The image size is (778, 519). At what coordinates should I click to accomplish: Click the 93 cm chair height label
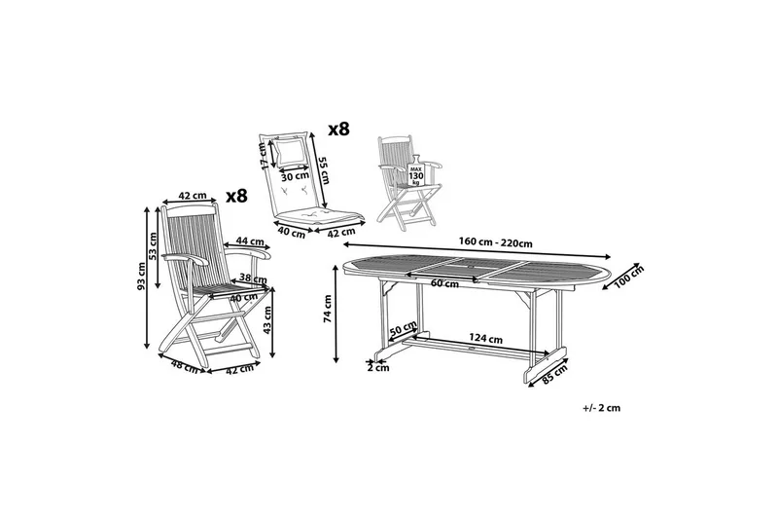tap(141, 278)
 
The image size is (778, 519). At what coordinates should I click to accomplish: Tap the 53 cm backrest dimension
tap(153, 245)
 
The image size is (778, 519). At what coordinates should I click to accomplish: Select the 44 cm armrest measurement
tap(250, 241)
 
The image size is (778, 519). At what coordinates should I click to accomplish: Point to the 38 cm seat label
tap(253, 278)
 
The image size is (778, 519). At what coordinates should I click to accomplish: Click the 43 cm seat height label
tap(267, 319)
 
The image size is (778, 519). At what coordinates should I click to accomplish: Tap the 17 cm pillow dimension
tap(264, 155)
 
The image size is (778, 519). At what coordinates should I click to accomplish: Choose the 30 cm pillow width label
tap(295, 176)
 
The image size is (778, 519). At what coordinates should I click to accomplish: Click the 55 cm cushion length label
tap(323, 169)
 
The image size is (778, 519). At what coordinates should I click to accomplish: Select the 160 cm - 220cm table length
tap(495, 243)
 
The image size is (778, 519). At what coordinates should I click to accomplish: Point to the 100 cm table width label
tap(629, 277)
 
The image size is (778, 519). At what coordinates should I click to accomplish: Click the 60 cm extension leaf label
tap(444, 284)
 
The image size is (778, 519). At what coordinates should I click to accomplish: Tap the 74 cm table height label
tap(328, 309)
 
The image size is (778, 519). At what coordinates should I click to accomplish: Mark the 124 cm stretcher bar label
tap(486, 339)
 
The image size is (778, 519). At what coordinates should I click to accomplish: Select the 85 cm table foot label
tap(554, 374)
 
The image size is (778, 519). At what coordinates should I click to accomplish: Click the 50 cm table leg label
tap(403, 329)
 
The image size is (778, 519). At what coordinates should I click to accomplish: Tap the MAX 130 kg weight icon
tap(415, 171)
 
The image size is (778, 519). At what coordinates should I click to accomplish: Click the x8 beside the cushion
tap(339, 130)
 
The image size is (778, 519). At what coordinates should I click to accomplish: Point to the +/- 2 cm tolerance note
tap(602, 408)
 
